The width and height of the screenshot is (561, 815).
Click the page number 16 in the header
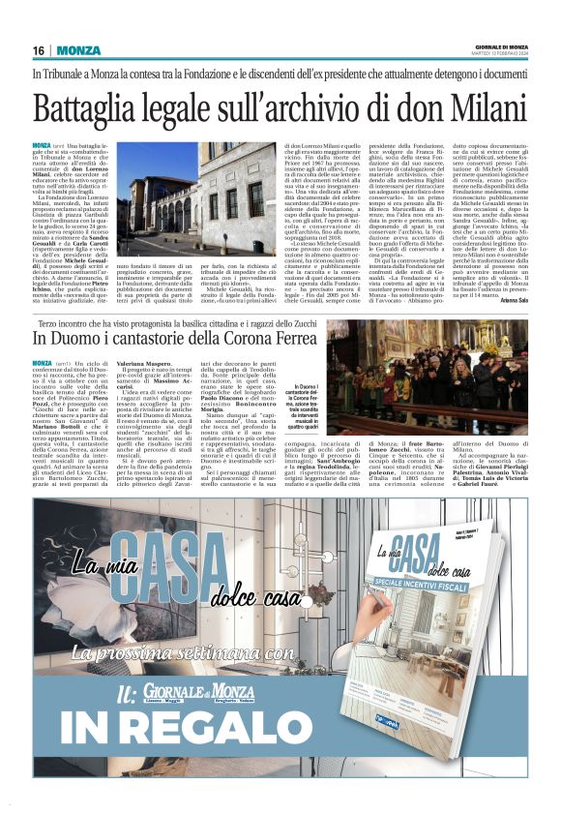tap(39, 50)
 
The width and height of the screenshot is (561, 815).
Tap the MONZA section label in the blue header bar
tap(76, 50)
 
